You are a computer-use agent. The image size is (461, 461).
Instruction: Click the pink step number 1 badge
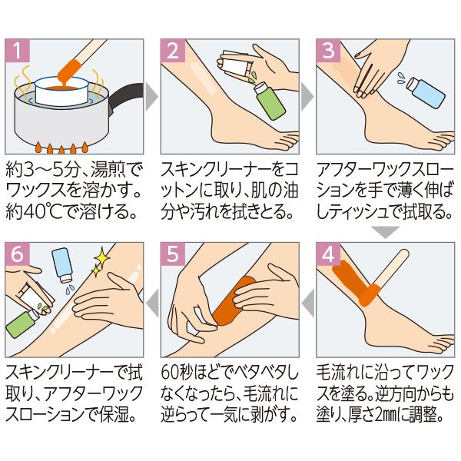(x=18, y=50)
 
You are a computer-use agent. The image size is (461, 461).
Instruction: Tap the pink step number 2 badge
(x=173, y=50)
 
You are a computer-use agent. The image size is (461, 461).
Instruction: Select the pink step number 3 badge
(x=328, y=50)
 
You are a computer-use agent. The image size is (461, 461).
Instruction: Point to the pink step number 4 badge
(x=328, y=254)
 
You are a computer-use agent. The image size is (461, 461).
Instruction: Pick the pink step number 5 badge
(x=173, y=254)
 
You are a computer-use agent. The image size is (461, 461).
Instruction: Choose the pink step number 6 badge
(x=18, y=254)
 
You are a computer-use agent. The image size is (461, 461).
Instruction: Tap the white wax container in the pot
(x=61, y=91)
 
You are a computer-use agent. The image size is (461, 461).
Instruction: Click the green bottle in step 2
(x=269, y=101)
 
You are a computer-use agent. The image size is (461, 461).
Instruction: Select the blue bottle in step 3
(x=426, y=92)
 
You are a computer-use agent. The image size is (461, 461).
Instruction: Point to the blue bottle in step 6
(x=61, y=265)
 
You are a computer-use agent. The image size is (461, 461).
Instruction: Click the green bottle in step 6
(x=22, y=323)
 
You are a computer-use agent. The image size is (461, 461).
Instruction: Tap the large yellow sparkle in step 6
(x=101, y=257)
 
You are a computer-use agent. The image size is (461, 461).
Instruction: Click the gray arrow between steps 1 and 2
(x=151, y=97)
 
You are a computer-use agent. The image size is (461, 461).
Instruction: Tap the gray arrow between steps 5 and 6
(x=153, y=303)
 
